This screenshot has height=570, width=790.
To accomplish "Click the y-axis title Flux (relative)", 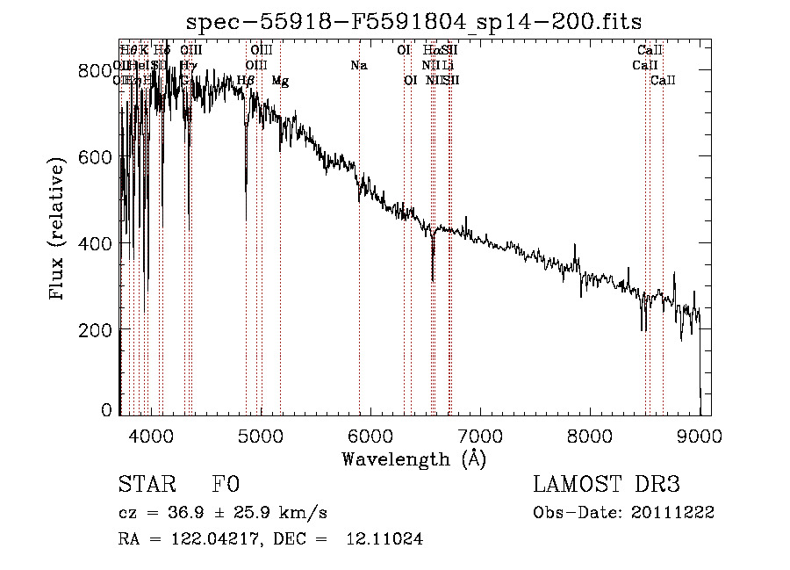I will [x=59, y=230].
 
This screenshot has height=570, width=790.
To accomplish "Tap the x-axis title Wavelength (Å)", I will [x=413, y=458].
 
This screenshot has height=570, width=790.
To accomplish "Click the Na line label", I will [x=358, y=65].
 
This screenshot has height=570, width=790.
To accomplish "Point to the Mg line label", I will [x=280, y=81].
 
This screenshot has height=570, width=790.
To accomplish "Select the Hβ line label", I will [x=246, y=81].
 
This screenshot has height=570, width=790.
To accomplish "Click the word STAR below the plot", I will [x=147, y=486].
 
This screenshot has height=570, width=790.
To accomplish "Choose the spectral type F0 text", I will [x=226, y=486].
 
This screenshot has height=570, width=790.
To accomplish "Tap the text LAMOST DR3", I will [x=607, y=485].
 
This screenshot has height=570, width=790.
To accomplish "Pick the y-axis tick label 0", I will [x=106, y=410].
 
